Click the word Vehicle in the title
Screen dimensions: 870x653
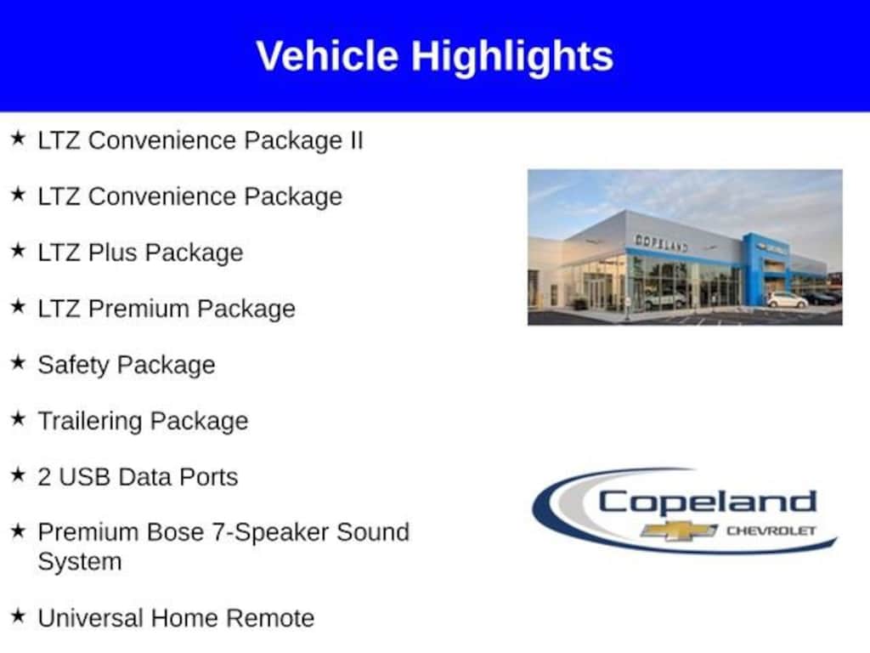pyautogui.click(x=327, y=55)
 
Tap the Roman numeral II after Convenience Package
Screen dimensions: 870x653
pyautogui.click(x=356, y=140)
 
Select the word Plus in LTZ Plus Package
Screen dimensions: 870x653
pyautogui.click(x=113, y=252)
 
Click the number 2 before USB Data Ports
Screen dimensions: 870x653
pyautogui.click(x=44, y=477)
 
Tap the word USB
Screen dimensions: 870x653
pyautogui.click(x=84, y=477)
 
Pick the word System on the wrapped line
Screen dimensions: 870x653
pyautogui.click(x=79, y=562)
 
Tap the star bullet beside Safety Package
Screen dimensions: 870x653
pyautogui.click(x=19, y=362)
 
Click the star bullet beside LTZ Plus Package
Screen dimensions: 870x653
pyautogui.click(x=19, y=250)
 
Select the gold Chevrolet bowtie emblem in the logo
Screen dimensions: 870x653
pyautogui.click(x=679, y=531)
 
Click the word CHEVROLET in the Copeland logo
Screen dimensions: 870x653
pyautogui.click(x=771, y=531)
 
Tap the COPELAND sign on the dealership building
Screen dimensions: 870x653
pyautogui.click(x=661, y=243)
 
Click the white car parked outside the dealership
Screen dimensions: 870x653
pyautogui.click(x=788, y=300)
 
